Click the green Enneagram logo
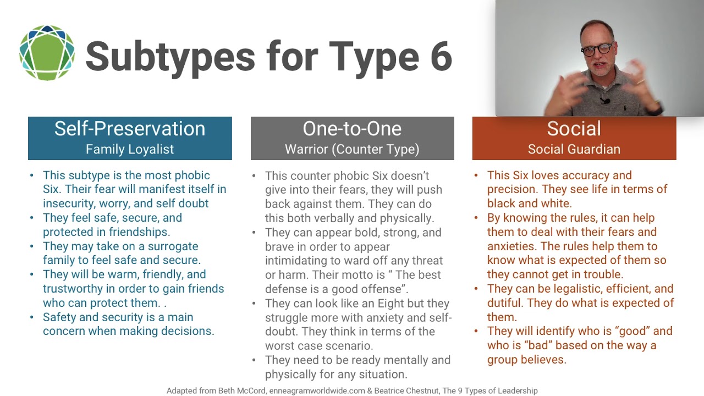point(47,53)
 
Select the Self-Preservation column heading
point(130,129)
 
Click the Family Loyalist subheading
point(130,149)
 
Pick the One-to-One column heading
point(352,129)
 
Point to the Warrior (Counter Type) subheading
point(352,149)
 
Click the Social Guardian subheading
point(574,149)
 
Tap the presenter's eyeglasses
point(596,49)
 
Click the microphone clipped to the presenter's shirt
point(604,101)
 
